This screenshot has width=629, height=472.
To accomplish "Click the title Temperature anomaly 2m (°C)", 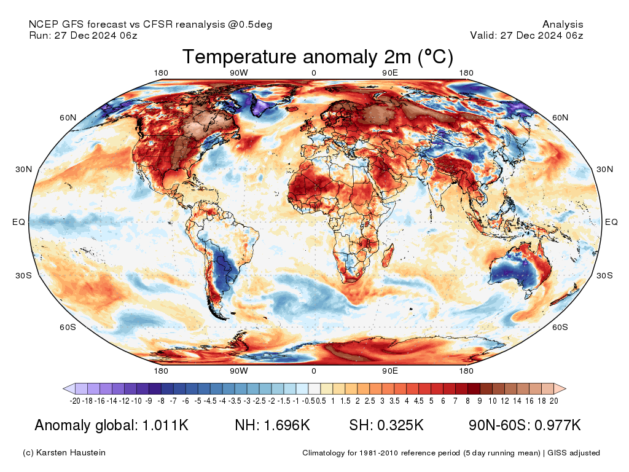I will pos(318,57).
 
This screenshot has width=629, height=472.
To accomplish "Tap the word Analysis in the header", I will pos(563,25).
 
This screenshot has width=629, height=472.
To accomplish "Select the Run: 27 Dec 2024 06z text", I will pos(83,35).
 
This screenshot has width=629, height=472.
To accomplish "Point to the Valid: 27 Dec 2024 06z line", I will pos(526,35).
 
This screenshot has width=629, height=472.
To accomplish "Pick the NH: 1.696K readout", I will pos(272,425).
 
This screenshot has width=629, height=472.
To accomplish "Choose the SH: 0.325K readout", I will pos(386,425).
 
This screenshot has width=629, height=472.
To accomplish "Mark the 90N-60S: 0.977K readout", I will pos(524,425).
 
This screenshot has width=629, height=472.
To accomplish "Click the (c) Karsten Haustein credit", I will pos(64,453).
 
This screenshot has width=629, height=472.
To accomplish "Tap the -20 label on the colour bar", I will pos(75,401).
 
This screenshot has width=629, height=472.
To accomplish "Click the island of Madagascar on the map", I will pos(388,253).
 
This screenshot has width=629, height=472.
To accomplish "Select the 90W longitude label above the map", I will pos(239,74).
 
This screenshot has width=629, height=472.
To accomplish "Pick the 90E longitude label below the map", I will pos(391,371).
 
